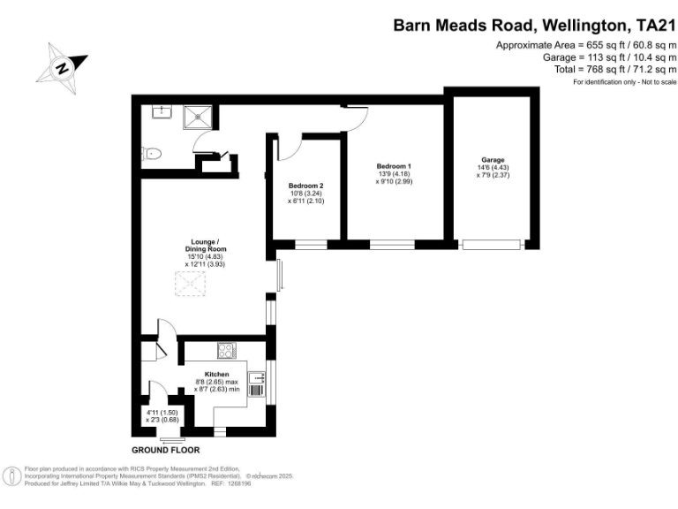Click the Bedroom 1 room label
pyautogui.click(x=394, y=166)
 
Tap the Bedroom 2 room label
pyautogui.click(x=305, y=186)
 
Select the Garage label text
pyautogui.click(x=493, y=160)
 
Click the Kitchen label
pyautogui.click(x=216, y=375)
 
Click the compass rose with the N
pyautogui.click(x=63, y=68)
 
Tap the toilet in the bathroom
pyautogui.click(x=151, y=154)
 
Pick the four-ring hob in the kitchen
pyautogui.click(x=227, y=350)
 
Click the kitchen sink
pyautogui.click(x=256, y=378)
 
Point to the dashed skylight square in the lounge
pyautogui.click(x=191, y=284)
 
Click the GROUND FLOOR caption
pyautogui.click(x=166, y=450)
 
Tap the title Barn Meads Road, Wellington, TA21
pyautogui.click(x=534, y=25)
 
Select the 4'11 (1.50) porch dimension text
pyautogui.click(x=162, y=413)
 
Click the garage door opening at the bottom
pyautogui.click(x=492, y=245)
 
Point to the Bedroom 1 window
pyautogui.click(x=392, y=245)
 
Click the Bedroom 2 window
pyautogui.click(x=311, y=245)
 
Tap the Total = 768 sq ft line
pyautogui.click(x=615, y=69)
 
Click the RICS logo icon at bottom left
pyautogui.click(x=12, y=476)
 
